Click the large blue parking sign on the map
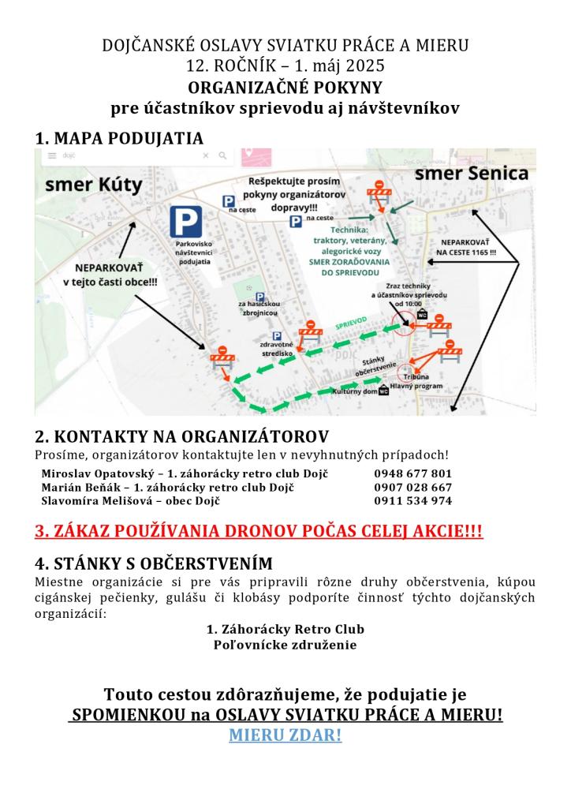(x=185, y=219)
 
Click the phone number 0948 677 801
(x=413, y=473)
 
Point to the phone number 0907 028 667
(x=413, y=487)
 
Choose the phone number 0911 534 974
(x=413, y=500)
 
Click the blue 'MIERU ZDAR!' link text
(x=285, y=735)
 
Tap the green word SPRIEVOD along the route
(x=352, y=324)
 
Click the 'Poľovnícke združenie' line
(x=285, y=645)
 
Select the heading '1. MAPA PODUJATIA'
(x=119, y=138)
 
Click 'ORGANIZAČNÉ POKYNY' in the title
(x=285, y=87)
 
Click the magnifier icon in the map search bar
(x=223, y=156)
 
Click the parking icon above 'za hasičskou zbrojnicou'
(x=259, y=297)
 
